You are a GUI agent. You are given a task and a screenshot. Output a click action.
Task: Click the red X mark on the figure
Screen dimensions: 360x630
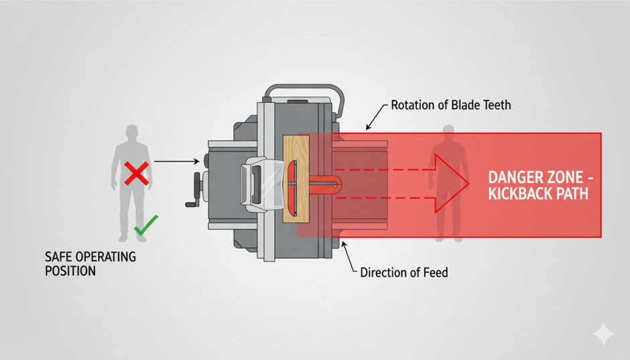(137, 175)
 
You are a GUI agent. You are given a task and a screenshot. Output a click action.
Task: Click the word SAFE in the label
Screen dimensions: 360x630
(58, 257)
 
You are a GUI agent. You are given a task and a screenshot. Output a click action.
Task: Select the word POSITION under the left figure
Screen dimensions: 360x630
(70, 271)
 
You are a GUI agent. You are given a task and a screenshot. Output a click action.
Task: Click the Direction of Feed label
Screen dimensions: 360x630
(404, 272)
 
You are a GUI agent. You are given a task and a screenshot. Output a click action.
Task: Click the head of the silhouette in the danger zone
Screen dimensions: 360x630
(447, 132)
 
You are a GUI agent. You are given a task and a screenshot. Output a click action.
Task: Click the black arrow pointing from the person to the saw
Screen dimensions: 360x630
(177, 161)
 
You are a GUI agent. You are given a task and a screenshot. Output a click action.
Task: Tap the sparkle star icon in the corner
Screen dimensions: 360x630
(603, 333)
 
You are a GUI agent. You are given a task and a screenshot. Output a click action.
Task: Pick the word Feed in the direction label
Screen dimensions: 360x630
(436, 272)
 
